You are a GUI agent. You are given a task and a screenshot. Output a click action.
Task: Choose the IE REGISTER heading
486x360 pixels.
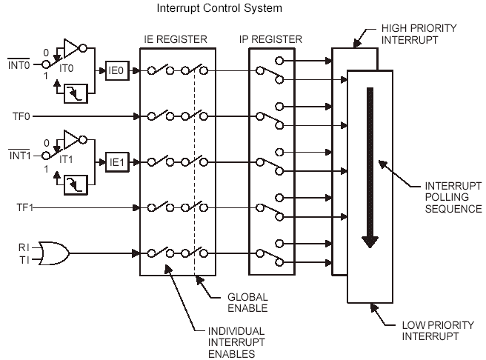coord(175,38)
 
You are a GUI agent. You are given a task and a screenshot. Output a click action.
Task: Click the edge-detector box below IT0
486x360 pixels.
coord(76,93)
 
